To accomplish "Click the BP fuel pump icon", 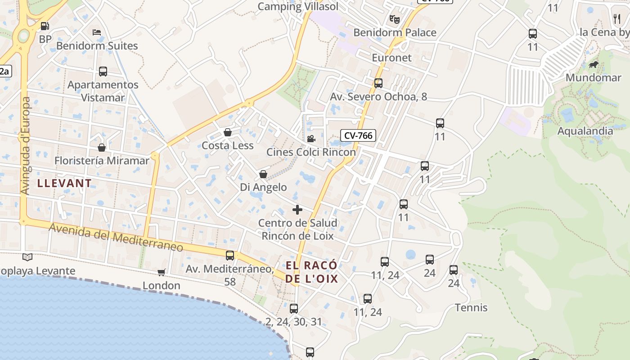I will (x=45, y=26).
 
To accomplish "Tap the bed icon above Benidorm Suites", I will (x=97, y=32).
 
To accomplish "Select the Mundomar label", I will (x=593, y=77).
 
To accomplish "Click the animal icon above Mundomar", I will (x=594, y=65).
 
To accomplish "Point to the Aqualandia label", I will (x=585, y=131).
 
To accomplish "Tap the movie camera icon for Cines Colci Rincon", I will (x=311, y=139).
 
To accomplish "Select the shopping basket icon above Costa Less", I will (x=228, y=132).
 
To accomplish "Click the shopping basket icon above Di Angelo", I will (x=263, y=174).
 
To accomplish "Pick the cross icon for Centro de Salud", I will (x=297, y=210).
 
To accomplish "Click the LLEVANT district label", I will (x=64, y=183).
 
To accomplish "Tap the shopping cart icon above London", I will (x=161, y=272).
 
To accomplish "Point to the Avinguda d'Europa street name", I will (x=25, y=146).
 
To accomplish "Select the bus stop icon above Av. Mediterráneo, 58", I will (x=230, y=256).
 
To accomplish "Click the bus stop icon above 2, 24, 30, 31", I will (x=294, y=308).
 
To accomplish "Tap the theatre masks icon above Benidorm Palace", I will (x=395, y=19).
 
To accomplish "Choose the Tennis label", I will (x=471, y=307).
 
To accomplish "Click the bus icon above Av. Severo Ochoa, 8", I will (x=378, y=83).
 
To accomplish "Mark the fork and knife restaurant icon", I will (x=617, y=18).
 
